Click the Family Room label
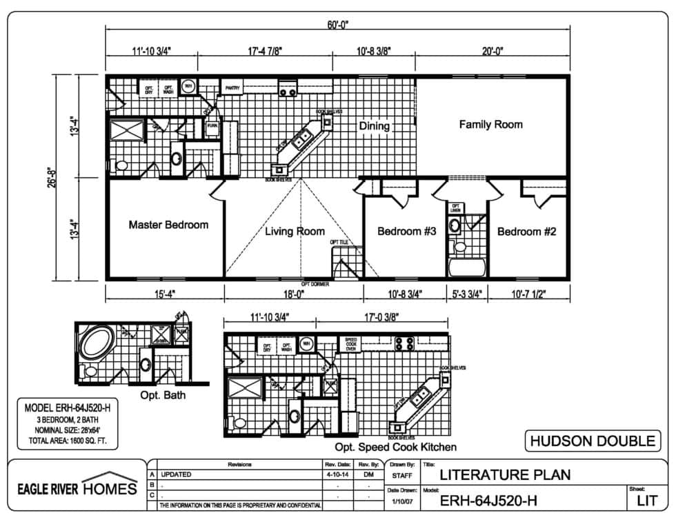pyautogui.click(x=490, y=125)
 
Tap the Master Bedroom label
pyautogui.click(x=168, y=225)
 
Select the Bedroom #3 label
pyautogui.click(x=406, y=232)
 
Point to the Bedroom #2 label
pyautogui.click(x=526, y=232)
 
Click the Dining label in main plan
pyautogui.click(x=374, y=126)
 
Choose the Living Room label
pyautogui.click(x=295, y=232)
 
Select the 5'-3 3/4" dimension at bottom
pyautogui.click(x=467, y=293)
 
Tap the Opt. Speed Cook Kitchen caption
pyautogui.click(x=395, y=447)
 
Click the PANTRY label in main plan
pyautogui.click(x=232, y=88)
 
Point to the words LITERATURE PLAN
pyautogui.click(x=505, y=475)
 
